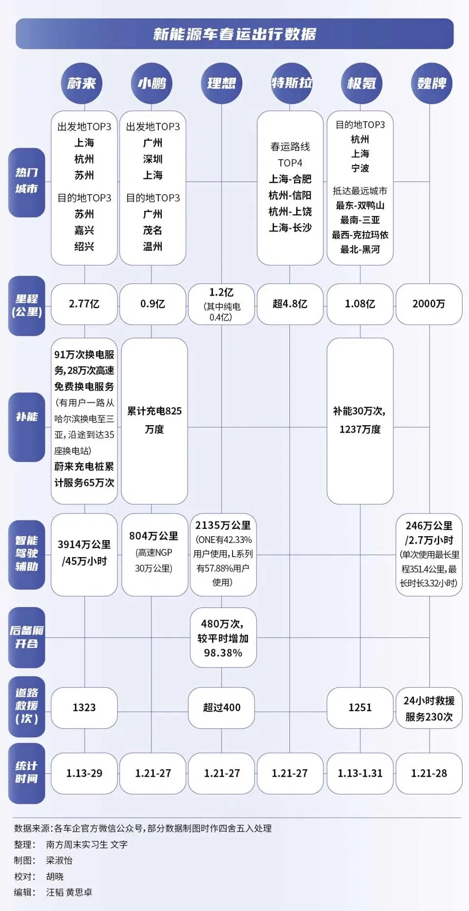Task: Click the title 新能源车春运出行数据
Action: pos(234,34)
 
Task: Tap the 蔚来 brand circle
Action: pos(82,83)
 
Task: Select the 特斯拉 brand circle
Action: pos(291,83)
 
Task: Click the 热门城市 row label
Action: pos(26,181)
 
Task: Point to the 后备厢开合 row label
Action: pos(26,637)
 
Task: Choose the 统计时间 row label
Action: pos(26,773)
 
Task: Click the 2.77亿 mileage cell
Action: pos(84,304)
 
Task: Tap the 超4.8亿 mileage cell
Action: pos(290,304)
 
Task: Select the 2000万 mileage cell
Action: pos(428,304)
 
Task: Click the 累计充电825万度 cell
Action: pos(154,420)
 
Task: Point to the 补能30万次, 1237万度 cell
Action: pos(360,420)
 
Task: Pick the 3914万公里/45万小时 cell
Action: pos(84,553)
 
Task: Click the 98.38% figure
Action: pos(223,653)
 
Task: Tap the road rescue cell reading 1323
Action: pos(84,707)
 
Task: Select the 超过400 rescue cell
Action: pos(222,707)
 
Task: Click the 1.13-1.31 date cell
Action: pos(360,773)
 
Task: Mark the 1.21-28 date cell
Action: pos(428,773)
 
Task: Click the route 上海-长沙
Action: pos(290,228)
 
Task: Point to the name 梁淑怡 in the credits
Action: pos(60,860)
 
